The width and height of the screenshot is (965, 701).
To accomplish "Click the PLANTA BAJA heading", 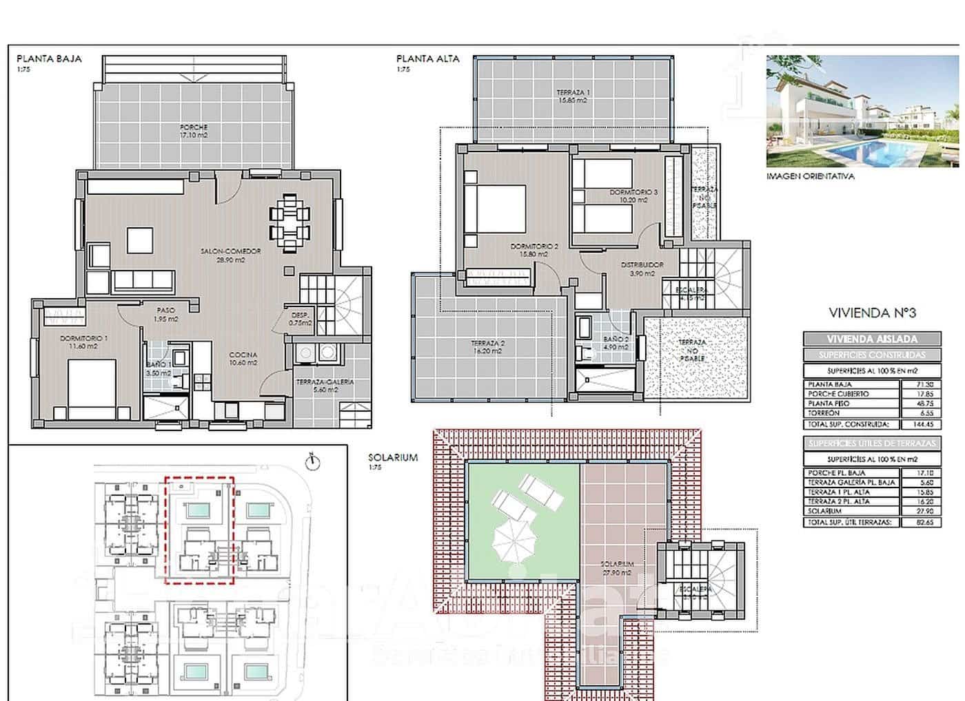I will click(49, 59).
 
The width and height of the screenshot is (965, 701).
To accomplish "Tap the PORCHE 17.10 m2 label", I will click(194, 131).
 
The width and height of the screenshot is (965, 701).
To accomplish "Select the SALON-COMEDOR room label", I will click(223, 255).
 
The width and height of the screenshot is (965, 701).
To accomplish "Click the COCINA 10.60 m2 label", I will click(243, 359).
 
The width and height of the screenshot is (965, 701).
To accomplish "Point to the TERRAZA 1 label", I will click(572, 96).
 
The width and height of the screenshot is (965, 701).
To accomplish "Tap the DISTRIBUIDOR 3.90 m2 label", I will click(642, 269).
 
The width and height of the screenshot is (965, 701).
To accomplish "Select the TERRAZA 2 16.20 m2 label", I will click(488, 346).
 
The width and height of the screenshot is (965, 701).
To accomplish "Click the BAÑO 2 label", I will click(616, 342).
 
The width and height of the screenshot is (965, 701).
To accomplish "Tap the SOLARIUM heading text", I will click(393, 457).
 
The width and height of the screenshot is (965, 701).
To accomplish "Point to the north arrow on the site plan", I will click(312, 461).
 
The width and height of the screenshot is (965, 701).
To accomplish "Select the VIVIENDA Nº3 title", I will click(872, 313).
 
